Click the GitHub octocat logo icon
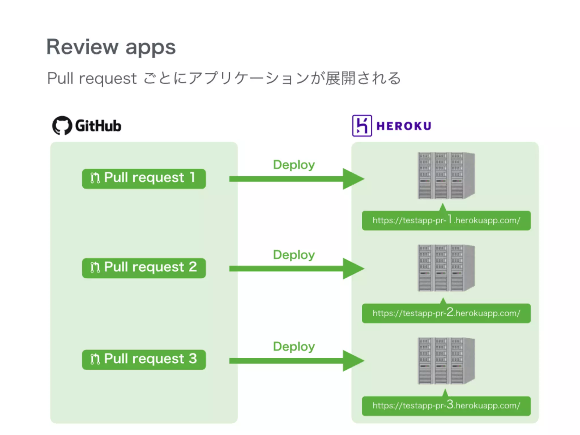click(x=62, y=125)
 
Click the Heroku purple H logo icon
click(x=362, y=125)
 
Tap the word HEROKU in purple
click(x=404, y=126)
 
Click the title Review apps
click(x=111, y=47)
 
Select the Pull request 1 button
click(x=144, y=179)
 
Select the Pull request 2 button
click(x=144, y=268)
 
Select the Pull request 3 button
click(x=144, y=359)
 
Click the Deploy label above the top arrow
click(x=294, y=165)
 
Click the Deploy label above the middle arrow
click(x=294, y=255)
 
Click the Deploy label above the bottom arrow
click(x=294, y=347)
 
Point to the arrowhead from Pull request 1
click(x=353, y=179)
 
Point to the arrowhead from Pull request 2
click(x=353, y=268)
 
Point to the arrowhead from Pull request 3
click(x=353, y=361)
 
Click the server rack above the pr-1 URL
click(x=446, y=176)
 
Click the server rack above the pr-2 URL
click(x=446, y=268)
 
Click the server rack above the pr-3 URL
click(x=446, y=361)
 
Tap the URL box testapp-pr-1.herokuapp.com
click(x=446, y=220)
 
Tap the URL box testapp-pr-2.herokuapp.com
click(x=446, y=313)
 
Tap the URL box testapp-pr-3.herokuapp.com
click(x=446, y=406)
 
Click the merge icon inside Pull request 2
click(x=95, y=267)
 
